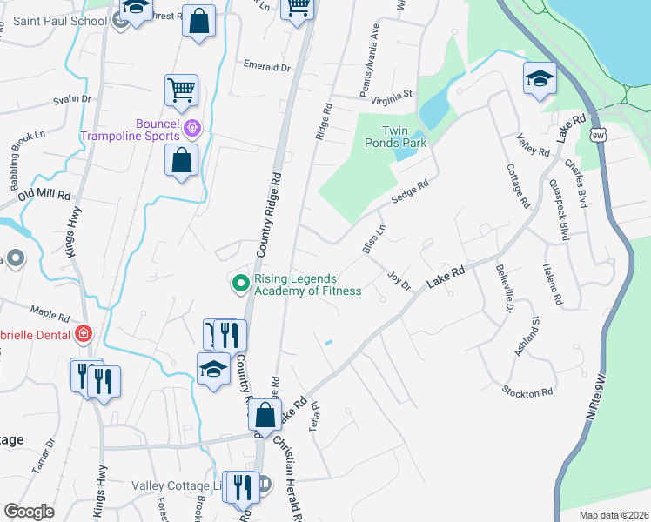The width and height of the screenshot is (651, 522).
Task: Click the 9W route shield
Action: tap(597, 135)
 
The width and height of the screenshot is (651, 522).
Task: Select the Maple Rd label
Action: tap(50, 312)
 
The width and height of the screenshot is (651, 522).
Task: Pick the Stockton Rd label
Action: tap(527, 392)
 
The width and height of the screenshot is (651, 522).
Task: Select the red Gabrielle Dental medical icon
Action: tap(83, 333)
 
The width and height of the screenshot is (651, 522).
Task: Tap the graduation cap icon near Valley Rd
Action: tap(540, 79)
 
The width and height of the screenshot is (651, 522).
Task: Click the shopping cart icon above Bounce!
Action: tap(181, 88)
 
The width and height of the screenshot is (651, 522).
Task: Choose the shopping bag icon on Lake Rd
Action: tap(265, 414)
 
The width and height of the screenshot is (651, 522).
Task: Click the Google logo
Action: tap(29, 512)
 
